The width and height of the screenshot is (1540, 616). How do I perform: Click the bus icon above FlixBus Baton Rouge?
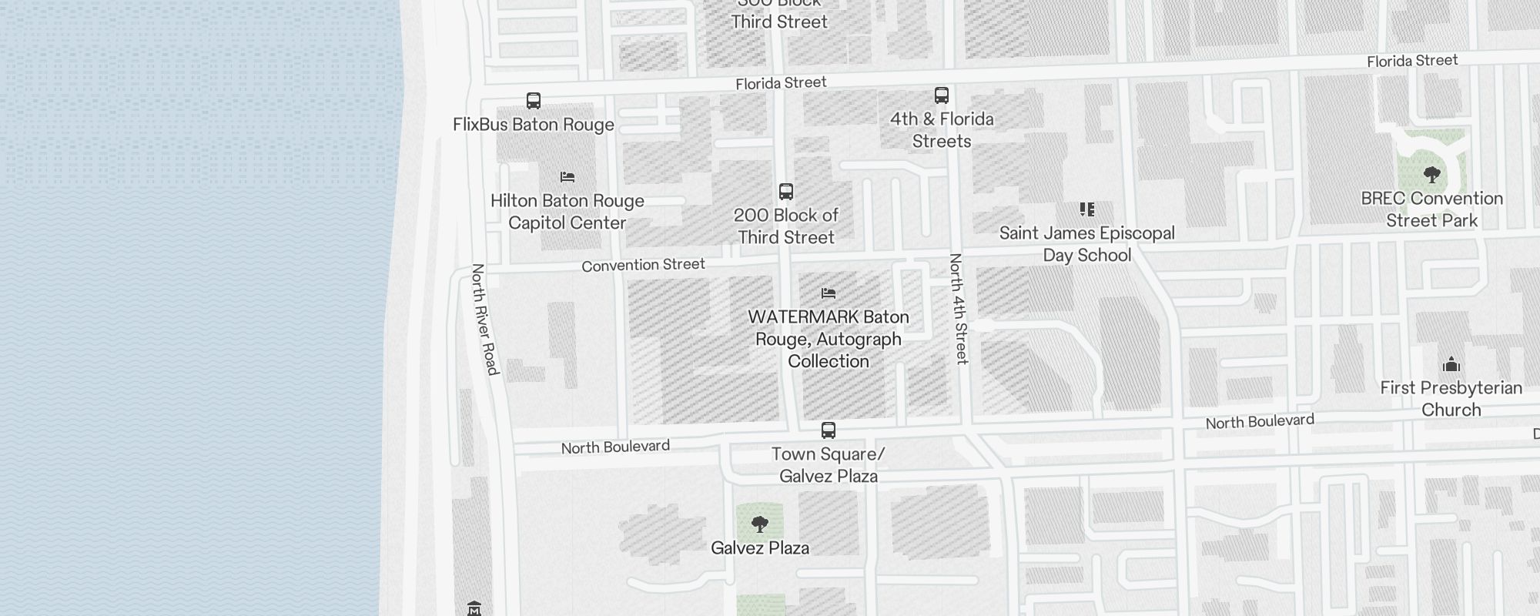[533, 101]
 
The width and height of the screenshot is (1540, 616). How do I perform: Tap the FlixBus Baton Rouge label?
[533, 125]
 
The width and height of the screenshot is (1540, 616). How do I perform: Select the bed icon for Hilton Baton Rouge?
[567, 177]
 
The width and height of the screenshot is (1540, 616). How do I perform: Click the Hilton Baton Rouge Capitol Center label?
[567, 212]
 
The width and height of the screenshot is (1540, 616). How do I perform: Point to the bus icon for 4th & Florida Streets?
[941, 95]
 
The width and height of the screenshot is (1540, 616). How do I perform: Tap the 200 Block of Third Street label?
[786, 226]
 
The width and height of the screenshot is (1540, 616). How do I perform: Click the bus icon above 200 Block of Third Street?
[785, 192]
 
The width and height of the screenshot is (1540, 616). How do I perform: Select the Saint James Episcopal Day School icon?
[1086, 209]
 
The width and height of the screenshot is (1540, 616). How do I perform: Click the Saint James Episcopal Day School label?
[1086, 244]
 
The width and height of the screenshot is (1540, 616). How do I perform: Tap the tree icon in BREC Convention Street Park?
[1431, 175]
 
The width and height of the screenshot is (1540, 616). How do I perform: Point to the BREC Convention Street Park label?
[1431, 209]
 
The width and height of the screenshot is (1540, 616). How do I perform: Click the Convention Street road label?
[643, 265]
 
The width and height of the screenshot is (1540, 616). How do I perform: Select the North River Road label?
[485, 319]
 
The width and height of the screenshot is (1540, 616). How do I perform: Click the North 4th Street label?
[958, 308]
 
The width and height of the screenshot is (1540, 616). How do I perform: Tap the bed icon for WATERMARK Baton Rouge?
[829, 293]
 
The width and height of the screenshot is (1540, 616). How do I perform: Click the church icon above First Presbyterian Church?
[1451, 364]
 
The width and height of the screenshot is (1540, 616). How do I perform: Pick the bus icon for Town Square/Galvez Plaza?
[828, 430]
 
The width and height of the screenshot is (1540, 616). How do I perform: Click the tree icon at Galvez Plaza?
[760, 525]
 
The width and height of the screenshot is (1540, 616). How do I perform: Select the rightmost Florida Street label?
[1412, 61]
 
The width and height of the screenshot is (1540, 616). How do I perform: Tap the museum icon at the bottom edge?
[474, 608]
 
